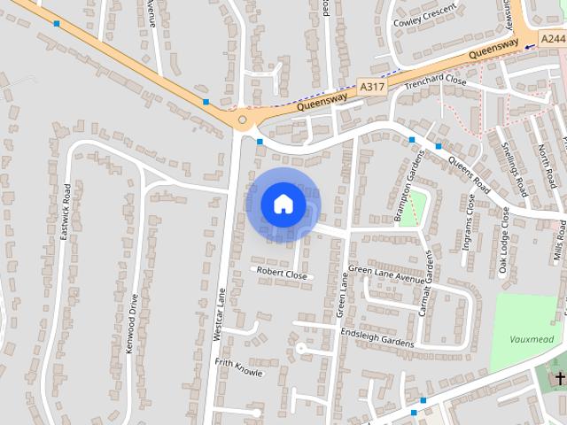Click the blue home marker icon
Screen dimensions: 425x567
point(283,204)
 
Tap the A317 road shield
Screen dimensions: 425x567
point(373,87)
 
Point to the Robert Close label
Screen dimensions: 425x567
point(283,275)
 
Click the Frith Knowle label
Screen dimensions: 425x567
point(239,367)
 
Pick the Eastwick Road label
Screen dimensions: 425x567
point(66,213)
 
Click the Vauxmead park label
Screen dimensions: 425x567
point(532,338)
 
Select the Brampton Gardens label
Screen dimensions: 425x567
point(410,185)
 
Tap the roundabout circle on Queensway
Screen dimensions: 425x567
point(242,119)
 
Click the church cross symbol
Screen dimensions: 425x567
point(560,379)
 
